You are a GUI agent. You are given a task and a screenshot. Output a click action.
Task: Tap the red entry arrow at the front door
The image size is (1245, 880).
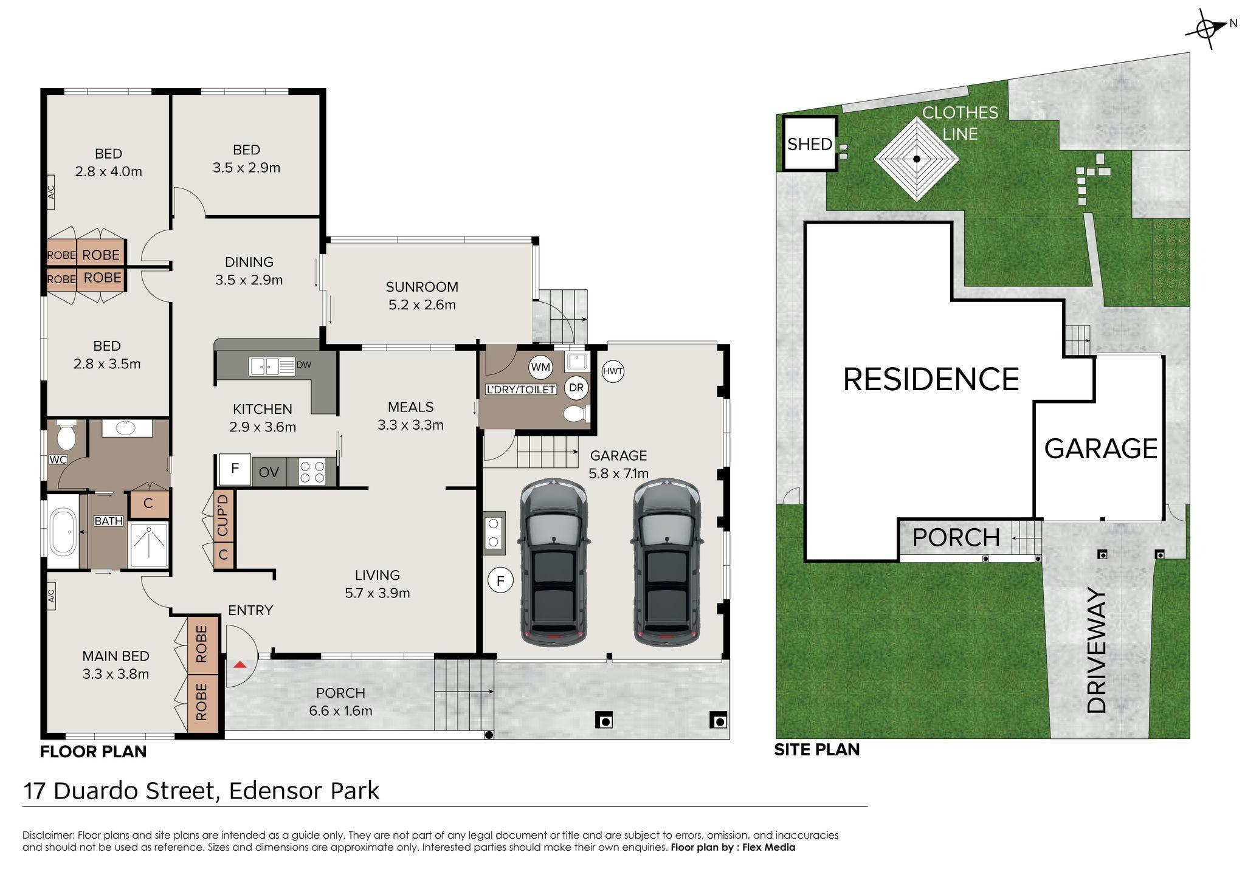coord(240,664)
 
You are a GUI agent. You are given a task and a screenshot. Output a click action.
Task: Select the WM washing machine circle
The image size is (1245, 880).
coord(540,367)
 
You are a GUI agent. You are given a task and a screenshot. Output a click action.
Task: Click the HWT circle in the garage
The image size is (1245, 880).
coord(613,371)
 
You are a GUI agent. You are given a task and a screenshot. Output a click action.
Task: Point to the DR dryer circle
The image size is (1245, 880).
coord(576,388)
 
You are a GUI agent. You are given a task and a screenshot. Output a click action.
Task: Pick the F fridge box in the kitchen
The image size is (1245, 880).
coord(235,470)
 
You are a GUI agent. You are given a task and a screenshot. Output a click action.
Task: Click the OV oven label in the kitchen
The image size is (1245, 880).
coord(269,472)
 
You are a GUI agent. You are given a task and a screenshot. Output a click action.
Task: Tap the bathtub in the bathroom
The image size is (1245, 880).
coord(63,533)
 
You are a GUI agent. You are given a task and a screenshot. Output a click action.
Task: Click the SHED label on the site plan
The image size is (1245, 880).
coord(810,144)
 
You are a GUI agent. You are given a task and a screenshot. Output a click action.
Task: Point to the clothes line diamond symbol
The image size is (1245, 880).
coord(917,159)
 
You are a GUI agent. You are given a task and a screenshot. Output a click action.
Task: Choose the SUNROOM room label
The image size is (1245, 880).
coord(422,287)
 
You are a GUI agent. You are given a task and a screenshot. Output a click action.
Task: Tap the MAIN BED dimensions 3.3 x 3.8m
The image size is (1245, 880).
coord(116,674)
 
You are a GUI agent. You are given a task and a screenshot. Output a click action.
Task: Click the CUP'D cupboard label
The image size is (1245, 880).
coord(223,515)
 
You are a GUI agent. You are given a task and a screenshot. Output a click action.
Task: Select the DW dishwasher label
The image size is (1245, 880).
coord(304,365)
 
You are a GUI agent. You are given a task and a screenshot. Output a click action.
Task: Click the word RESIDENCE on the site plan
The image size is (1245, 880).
coord(931,379)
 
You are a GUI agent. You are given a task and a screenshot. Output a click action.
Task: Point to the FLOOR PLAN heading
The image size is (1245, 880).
coord(94,752)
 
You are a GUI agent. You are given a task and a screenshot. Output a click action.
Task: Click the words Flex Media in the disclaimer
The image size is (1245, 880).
coord(769,847)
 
